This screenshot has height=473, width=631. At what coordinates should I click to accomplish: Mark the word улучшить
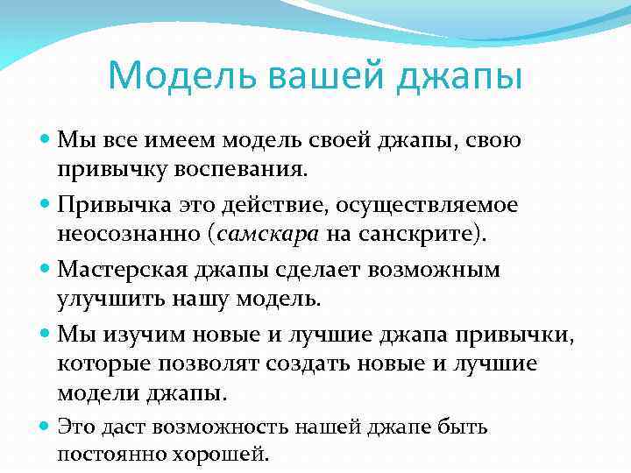pos(105,298)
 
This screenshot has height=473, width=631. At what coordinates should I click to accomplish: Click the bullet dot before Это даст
pos(46,427)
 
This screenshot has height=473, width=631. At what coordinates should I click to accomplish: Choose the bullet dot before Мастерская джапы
pos(46,269)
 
